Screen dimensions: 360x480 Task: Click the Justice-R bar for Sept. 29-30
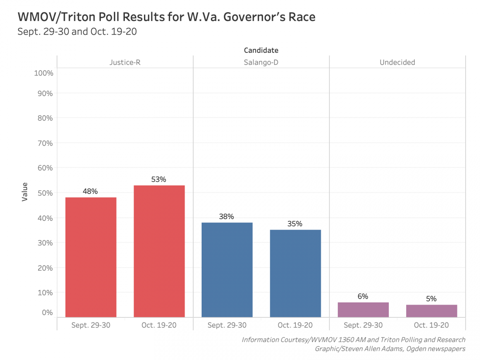click(x=91, y=257)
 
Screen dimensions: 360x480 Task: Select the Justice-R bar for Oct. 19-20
click(x=159, y=251)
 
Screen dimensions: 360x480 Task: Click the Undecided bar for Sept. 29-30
click(x=363, y=309)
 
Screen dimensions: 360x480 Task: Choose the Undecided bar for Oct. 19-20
click(x=432, y=311)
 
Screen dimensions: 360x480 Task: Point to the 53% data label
click(x=159, y=179)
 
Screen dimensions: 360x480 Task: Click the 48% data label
click(x=90, y=191)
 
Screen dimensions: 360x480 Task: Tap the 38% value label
click(x=227, y=216)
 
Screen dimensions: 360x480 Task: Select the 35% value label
click(x=295, y=223)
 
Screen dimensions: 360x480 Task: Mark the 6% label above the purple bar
click(x=363, y=296)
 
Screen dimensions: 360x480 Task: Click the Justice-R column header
click(x=125, y=62)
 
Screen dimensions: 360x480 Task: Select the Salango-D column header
click(x=261, y=62)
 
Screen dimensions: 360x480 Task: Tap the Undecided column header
click(x=397, y=62)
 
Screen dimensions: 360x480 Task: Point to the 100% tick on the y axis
click(x=44, y=73)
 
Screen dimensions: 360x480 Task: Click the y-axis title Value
click(x=25, y=192)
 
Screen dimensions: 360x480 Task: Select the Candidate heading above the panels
click(x=261, y=50)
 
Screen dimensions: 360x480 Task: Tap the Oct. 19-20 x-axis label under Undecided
click(x=432, y=325)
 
